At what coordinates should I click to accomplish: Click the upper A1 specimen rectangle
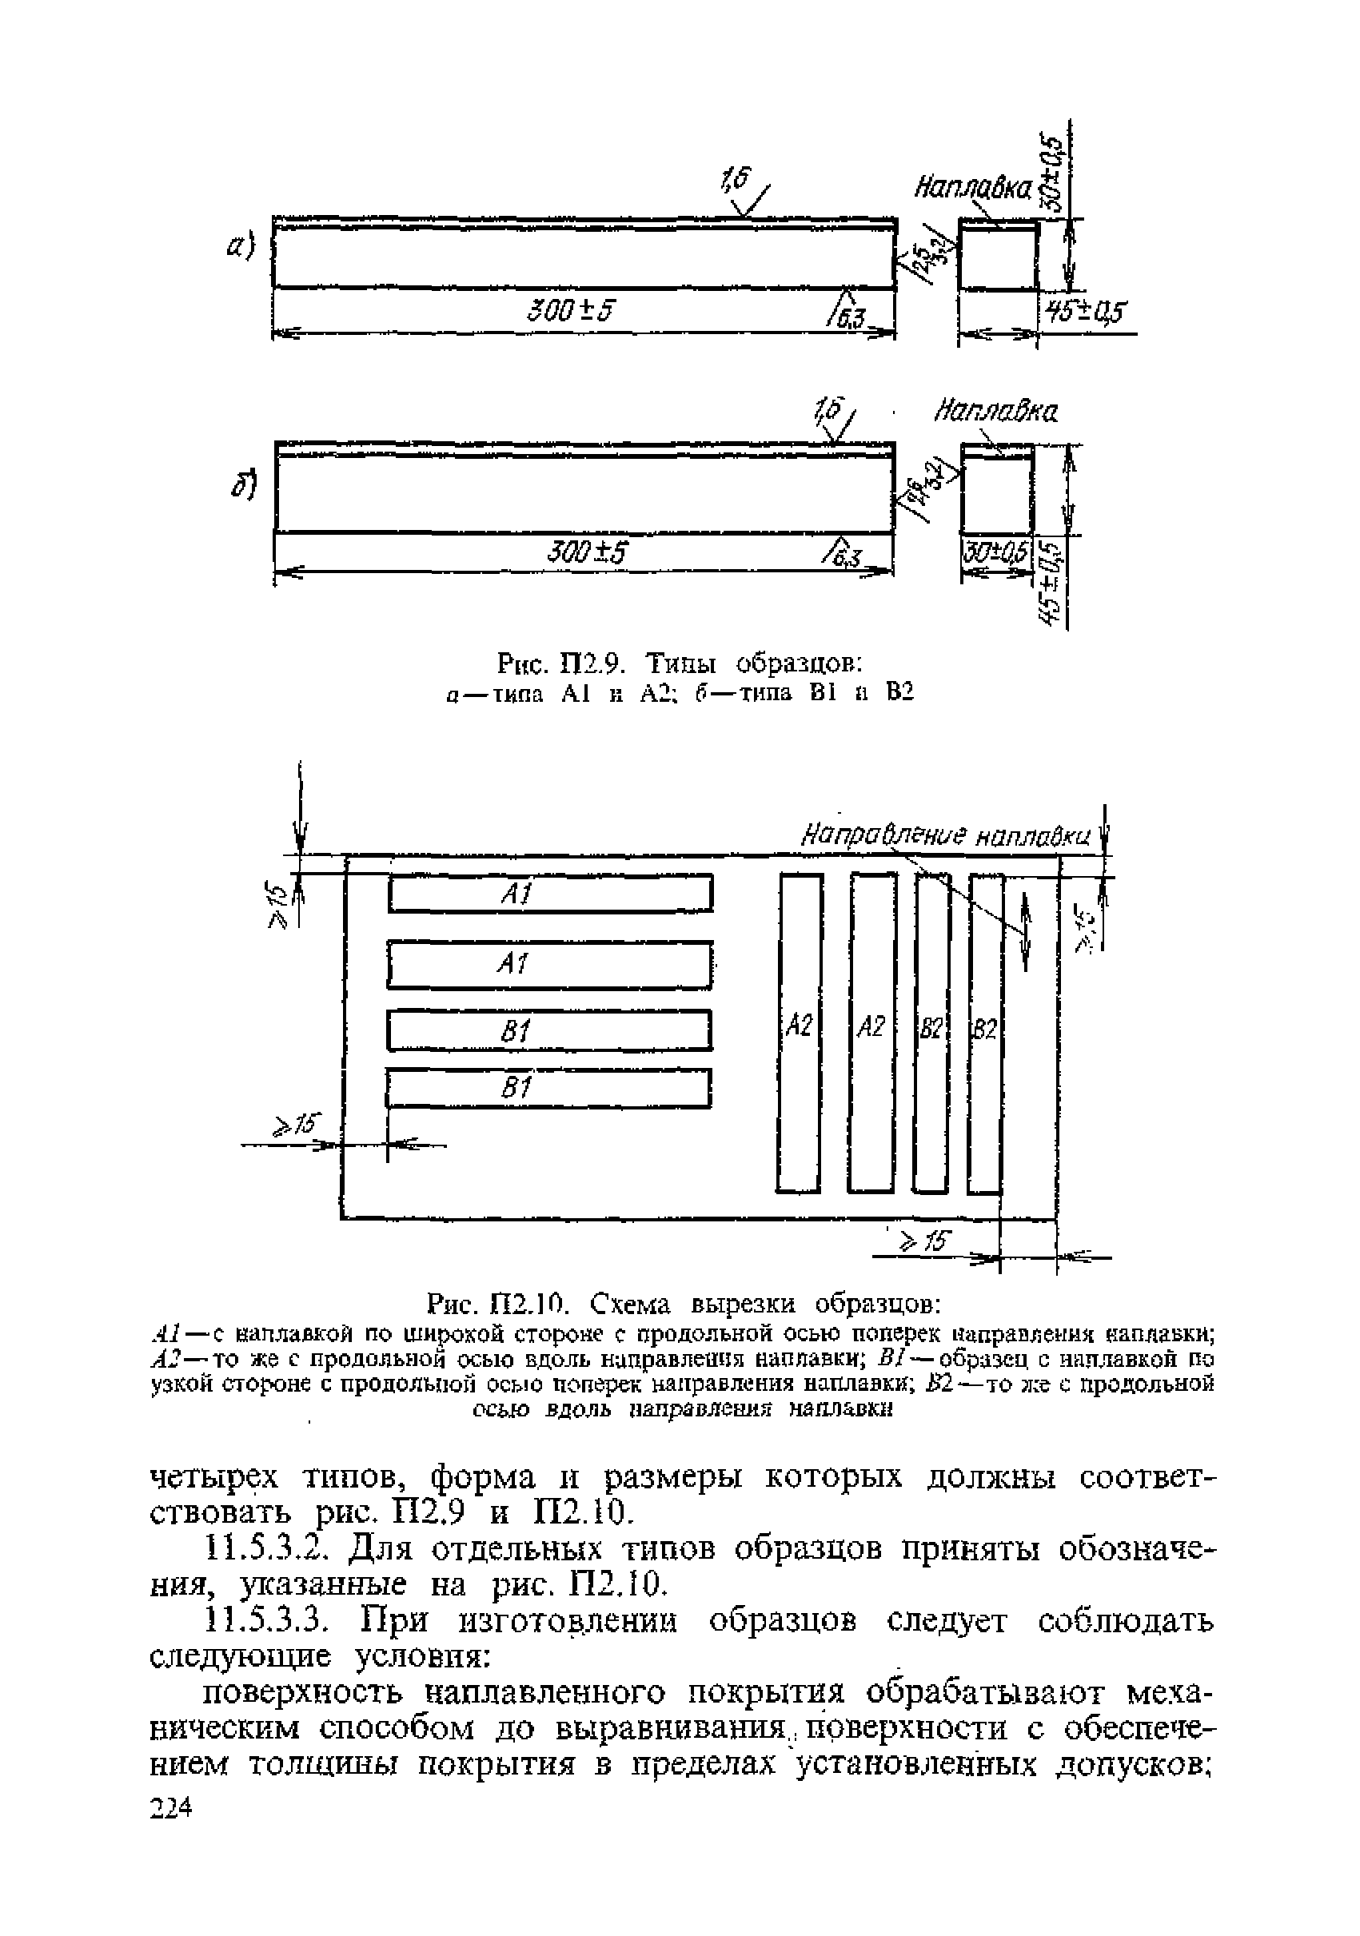click(550, 894)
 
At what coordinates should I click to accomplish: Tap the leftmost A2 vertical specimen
click(799, 1032)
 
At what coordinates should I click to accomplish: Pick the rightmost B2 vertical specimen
click(984, 1032)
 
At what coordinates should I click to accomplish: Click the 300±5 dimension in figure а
click(570, 311)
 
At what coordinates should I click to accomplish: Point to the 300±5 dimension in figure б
click(588, 553)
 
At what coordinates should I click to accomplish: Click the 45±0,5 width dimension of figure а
click(1086, 312)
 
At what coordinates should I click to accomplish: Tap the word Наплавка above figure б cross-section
click(995, 413)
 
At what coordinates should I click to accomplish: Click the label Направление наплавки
click(944, 837)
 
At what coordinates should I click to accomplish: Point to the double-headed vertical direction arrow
click(1025, 933)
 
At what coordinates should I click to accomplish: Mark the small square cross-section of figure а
click(999, 257)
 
